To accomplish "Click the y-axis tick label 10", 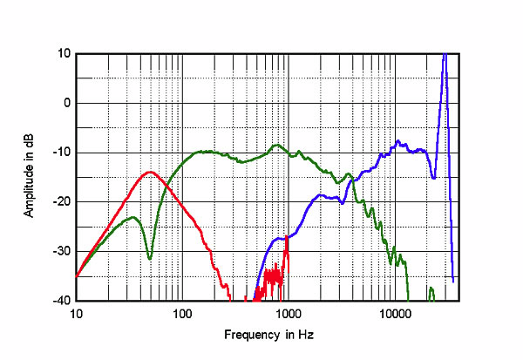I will tap(65, 53).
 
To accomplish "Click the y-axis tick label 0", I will tap(67, 103).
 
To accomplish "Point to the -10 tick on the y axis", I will tap(63, 153).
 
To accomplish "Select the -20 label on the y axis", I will tap(63, 201).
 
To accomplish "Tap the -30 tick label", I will tap(63, 251).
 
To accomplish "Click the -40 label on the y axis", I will tap(63, 301).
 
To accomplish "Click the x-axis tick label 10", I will tap(76, 312).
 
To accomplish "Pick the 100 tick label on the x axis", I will tap(182, 312).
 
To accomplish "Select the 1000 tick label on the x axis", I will tap(289, 312).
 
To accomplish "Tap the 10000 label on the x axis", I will tap(395, 312).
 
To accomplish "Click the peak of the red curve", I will tap(150, 172).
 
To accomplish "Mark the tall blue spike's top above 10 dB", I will tap(445, 53).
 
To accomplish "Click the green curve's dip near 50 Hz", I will tap(150, 258).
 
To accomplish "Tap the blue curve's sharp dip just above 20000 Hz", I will tap(434, 178).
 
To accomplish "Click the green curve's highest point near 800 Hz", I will tap(277, 145).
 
